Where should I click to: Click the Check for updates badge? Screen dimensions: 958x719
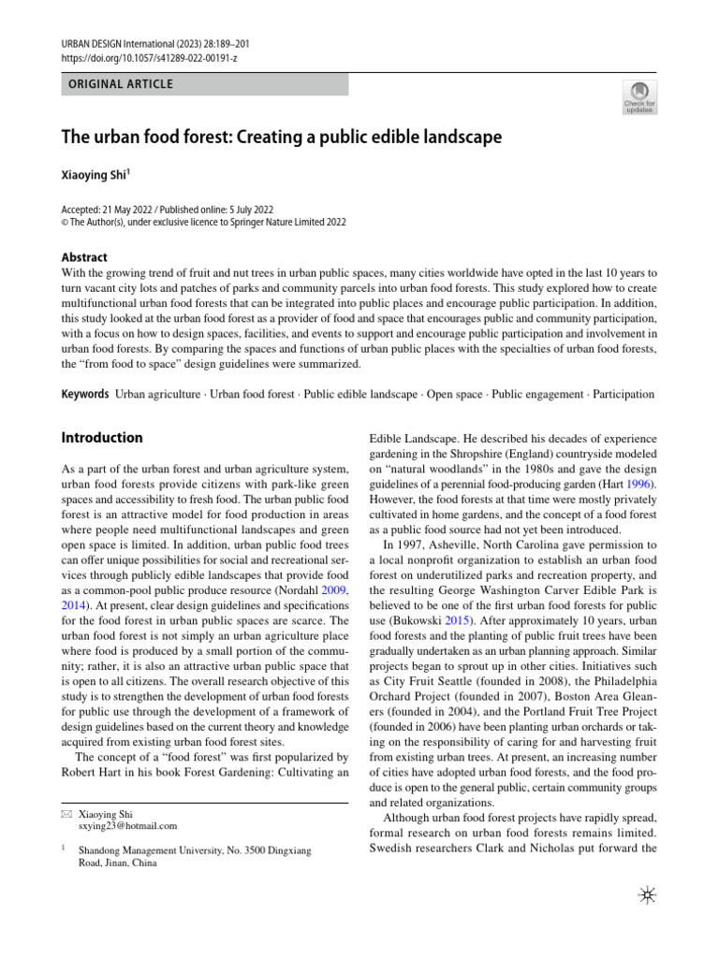(x=639, y=97)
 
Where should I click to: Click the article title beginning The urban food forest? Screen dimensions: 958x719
(x=282, y=138)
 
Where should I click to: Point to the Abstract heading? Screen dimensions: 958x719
(x=84, y=257)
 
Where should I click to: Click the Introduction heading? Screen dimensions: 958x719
(x=102, y=438)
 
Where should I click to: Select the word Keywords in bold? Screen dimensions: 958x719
(x=85, y=395)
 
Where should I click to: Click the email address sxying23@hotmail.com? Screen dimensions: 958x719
(x=128, y=826)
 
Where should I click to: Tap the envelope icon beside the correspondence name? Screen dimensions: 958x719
(x=66, y=814)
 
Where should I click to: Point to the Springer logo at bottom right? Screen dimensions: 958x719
(x=645, y=895)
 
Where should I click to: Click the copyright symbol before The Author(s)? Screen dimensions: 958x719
(x=65, y=223)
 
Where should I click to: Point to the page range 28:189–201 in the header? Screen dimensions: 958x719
(x=221, y=44)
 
